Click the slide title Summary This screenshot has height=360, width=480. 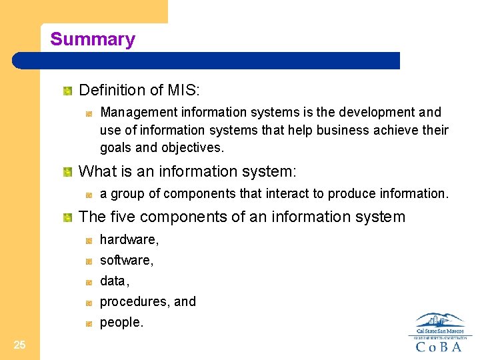pos(92,39)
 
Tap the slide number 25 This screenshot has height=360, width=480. pos(19,345)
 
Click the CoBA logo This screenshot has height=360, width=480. pos(439,333)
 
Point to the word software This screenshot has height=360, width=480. pos(125,260)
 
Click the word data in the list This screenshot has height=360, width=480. pos(113,281)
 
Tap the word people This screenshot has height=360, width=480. pos(121,323)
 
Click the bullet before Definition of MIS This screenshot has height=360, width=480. pos(67,90)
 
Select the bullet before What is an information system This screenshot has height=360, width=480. pos(67,173)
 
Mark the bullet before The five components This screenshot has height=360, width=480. pos(67,217)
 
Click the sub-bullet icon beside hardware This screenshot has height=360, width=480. pos(89,240)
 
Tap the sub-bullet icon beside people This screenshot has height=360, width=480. pos(89,323)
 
